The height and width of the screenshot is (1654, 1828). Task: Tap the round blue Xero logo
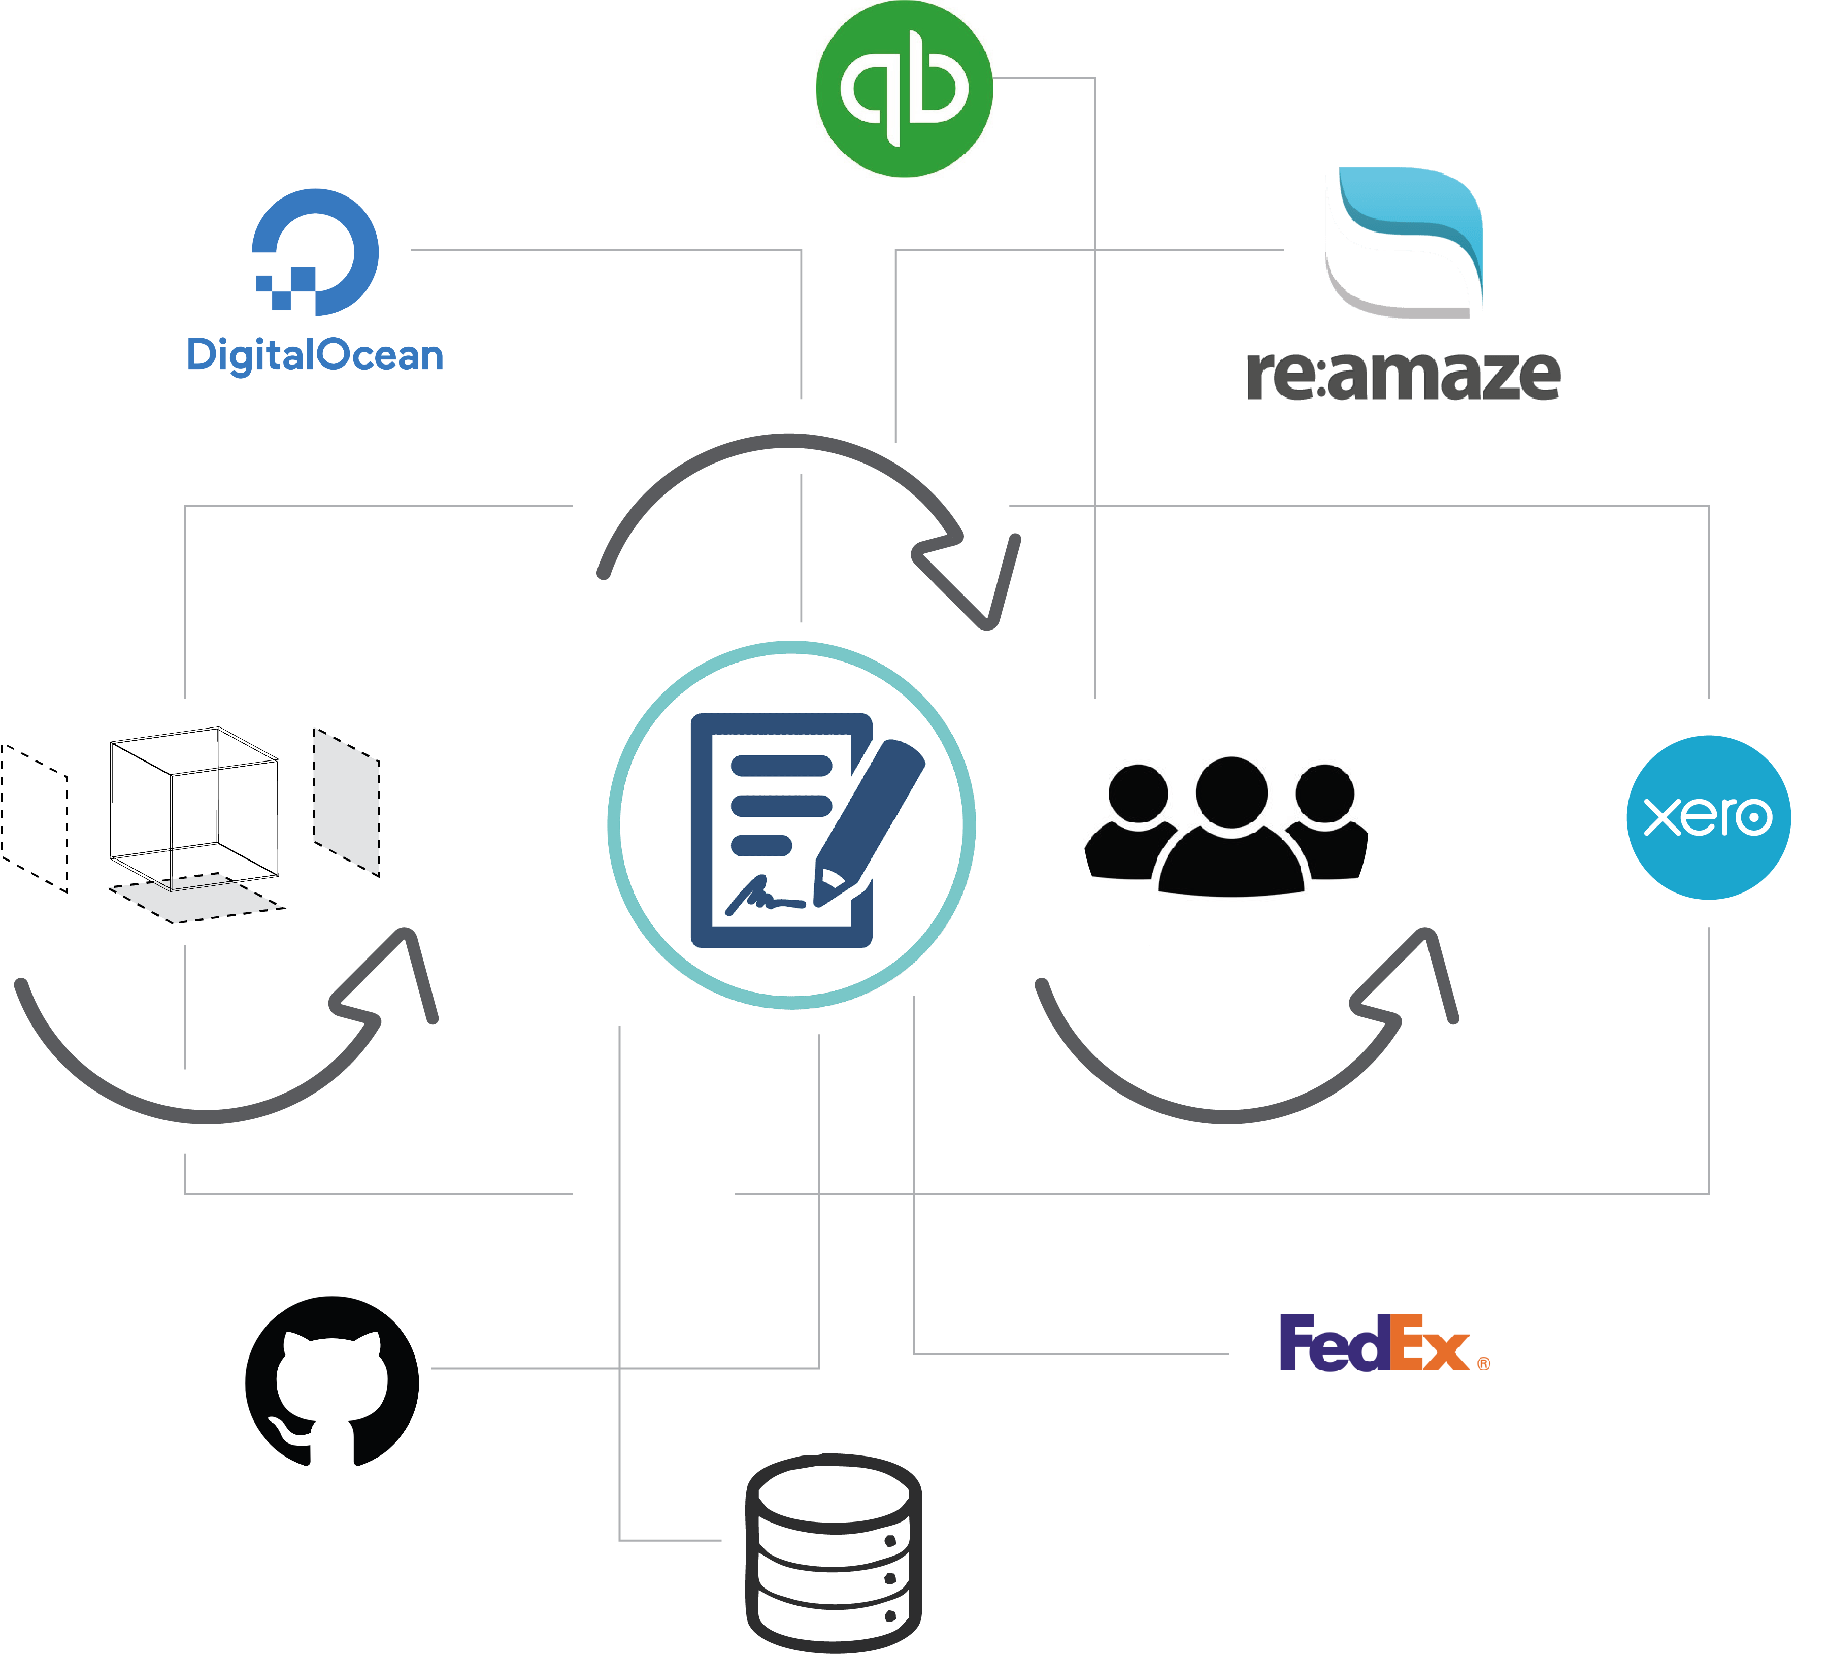click(x=1708, y=817)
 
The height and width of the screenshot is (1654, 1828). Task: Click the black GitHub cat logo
click(x=332, y=1380)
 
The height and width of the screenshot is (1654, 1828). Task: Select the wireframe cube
click(x=194, y=807)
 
